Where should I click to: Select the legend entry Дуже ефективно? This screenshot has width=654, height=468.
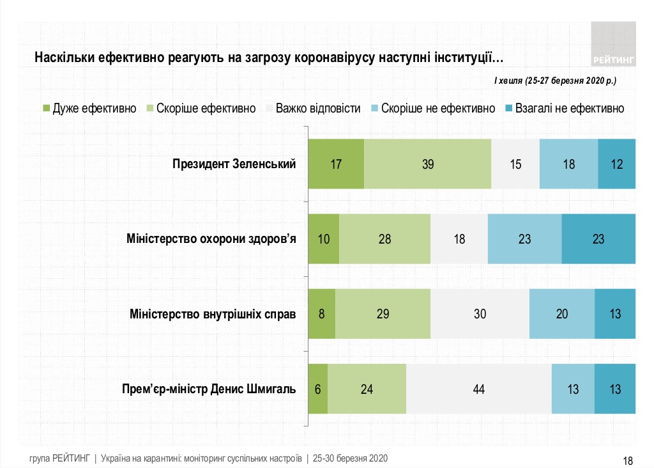89,109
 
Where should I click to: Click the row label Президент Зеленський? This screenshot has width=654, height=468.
234,164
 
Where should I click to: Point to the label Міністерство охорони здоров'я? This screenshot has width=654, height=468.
211,239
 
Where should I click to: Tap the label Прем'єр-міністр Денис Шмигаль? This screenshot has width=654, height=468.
208,389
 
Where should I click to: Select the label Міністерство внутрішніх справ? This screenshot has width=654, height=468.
213,314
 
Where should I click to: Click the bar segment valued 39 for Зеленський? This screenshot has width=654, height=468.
428,164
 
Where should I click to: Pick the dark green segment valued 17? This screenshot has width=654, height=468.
336,164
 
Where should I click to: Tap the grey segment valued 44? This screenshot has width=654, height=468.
478,389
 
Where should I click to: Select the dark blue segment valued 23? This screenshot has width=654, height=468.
598,239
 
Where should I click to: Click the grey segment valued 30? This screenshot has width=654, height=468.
480,314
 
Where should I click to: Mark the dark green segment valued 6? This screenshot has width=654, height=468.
317,389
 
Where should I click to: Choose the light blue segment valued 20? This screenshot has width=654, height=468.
562,314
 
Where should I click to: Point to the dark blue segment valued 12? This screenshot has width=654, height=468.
616,164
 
